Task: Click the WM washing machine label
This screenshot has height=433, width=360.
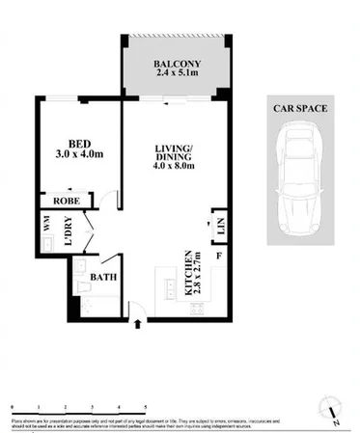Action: click(x=45, y=224)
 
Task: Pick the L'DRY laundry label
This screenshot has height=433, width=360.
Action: click(x=69, y=235)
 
